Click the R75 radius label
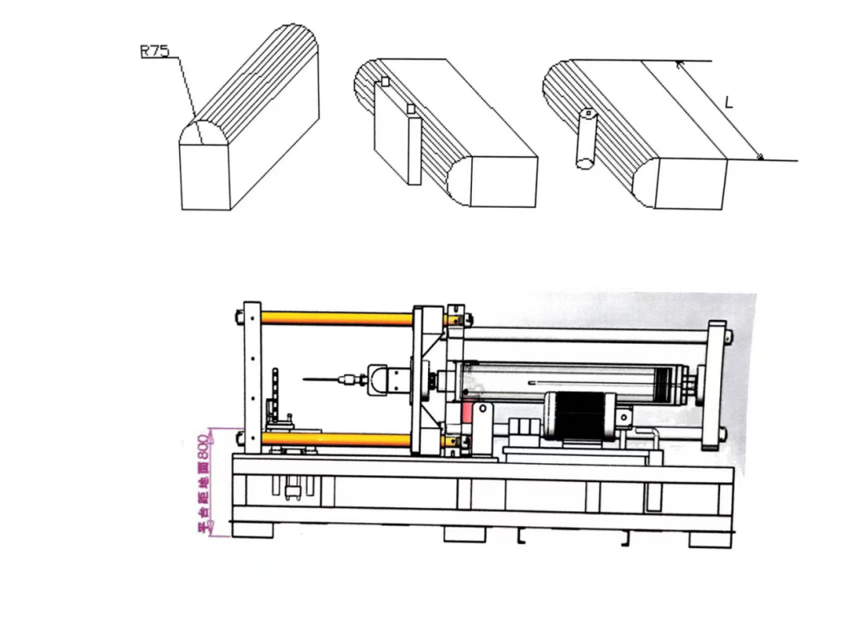154,50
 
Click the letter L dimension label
728,103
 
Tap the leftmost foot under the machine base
251,529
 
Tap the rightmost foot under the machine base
710,538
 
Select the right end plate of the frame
717,383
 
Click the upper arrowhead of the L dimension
679,64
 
